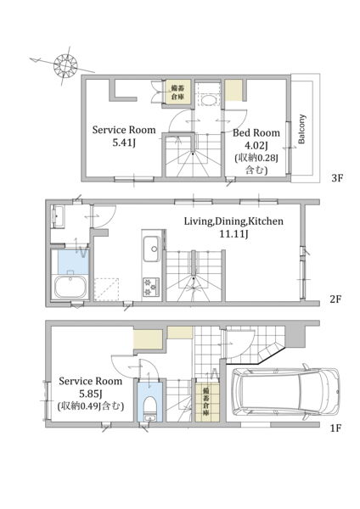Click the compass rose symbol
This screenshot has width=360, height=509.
point(65,65)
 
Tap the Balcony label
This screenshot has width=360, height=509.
point(302,129)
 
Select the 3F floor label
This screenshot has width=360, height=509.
point(337,178)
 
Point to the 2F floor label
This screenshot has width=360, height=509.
point(335,299)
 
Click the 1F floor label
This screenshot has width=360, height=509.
point(335,428)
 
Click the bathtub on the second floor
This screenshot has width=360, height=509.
point(70,287)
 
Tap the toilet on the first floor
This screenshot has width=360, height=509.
point(149,406)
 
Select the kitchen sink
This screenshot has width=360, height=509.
point(151,249)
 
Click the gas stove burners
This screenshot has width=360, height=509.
point(151,287)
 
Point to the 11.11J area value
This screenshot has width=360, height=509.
point(234,233)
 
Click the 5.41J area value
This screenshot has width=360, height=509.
point(124,143)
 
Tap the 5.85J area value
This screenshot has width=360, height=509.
point(91,394)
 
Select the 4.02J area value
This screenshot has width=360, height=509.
point(256,145)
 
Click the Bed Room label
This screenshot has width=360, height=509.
point(256,133)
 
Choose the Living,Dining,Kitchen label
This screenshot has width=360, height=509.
point(234,221)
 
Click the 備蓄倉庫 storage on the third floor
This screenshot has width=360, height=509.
point(178,92)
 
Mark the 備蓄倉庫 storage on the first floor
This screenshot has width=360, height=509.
point(206,402)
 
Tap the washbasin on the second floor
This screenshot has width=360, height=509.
point(59,216)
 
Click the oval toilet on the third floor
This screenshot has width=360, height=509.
point(208,99)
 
